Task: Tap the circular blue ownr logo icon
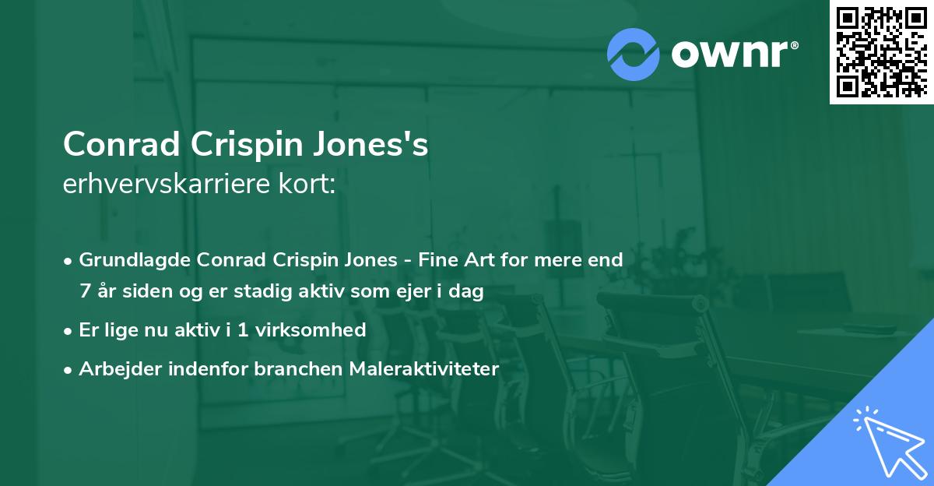coord(634,55)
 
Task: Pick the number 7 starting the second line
coord(85,292)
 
